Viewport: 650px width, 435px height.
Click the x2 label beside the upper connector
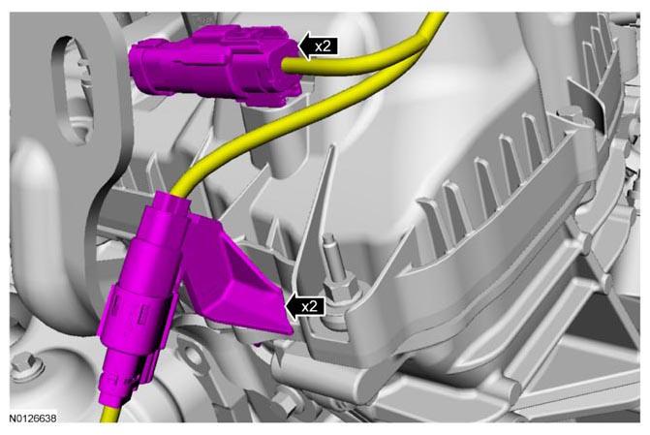324,47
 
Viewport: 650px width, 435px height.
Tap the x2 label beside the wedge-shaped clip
310,307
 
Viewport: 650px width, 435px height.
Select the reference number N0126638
32,418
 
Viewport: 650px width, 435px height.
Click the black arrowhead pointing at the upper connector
305,47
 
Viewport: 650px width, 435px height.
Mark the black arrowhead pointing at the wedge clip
292,307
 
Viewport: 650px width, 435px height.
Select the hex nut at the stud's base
339,291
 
